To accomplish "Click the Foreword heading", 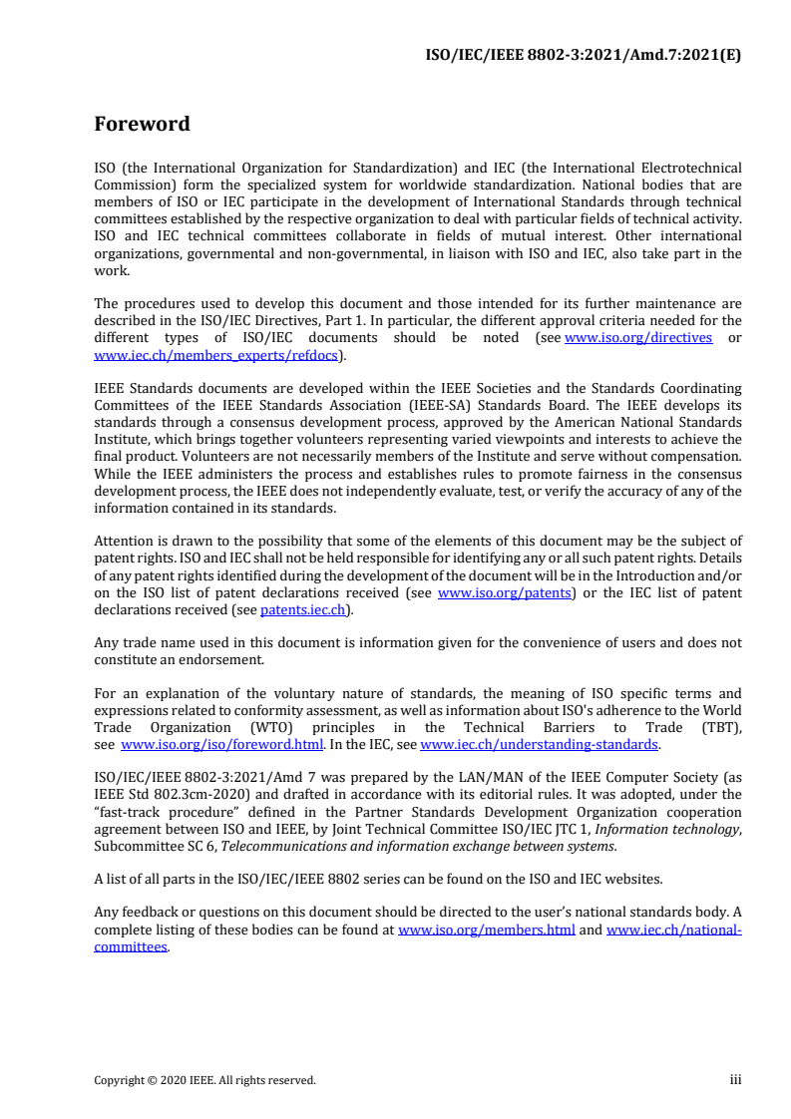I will pyautogui.click(x=142, y=125).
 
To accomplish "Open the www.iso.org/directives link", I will pyautogui.click(x=638, y=338).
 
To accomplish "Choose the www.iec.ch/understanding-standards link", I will pyautogui.click(x=540, y=744).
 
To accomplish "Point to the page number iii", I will pyautogui.click(x=735, y=1079).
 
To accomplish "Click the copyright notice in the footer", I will pyautogui.click(x=204, y=1080).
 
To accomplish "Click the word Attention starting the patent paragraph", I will pyautogui.click(x=123, y=541).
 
